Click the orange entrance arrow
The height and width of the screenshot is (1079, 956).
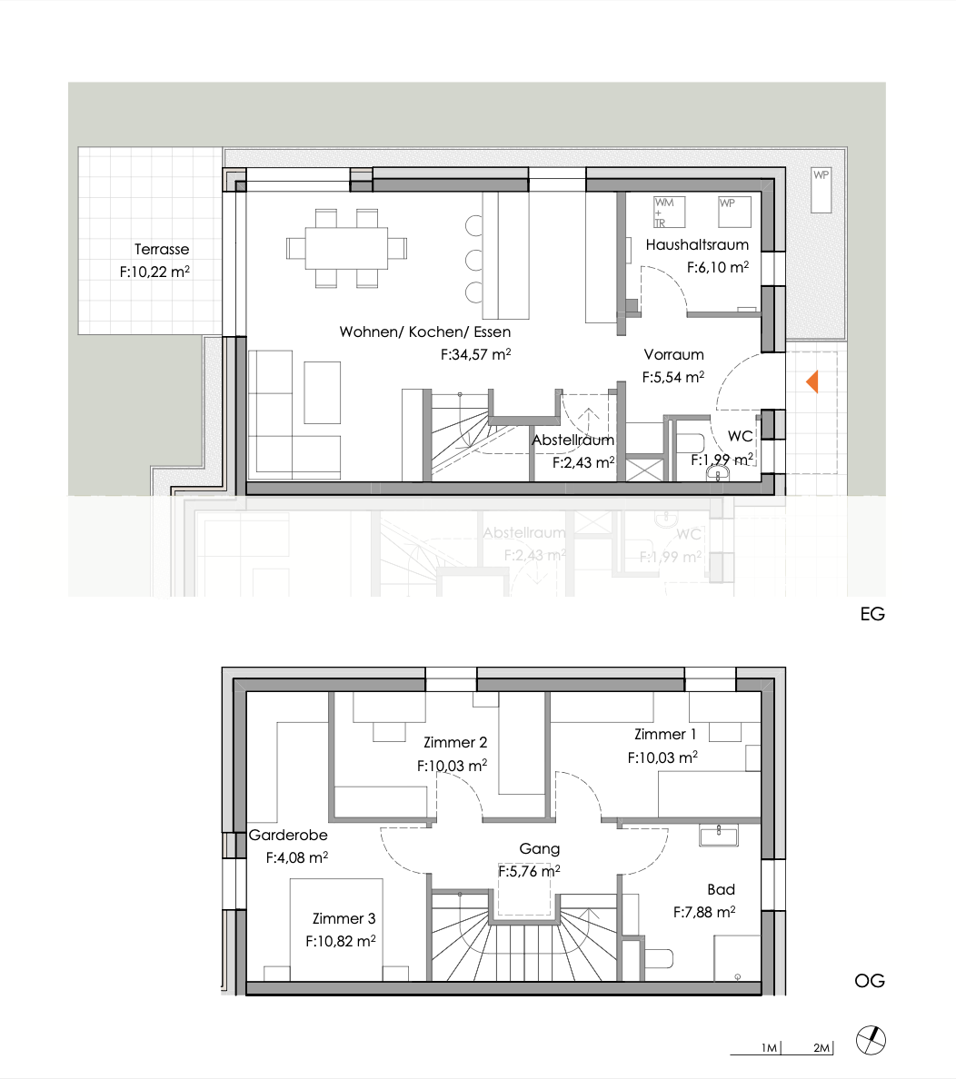[812, 382]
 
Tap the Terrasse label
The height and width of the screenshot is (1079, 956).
[162, 249]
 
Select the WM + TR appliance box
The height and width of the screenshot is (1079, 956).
[670, 213]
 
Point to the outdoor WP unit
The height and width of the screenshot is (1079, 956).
[822, 189]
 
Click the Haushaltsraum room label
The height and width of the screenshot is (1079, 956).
[697, 244]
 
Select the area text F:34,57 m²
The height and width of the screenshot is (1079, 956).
[474, 356]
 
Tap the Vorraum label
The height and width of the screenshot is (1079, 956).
[673, 354]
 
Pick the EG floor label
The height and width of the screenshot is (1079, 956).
[871, 614]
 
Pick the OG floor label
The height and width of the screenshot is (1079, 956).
[869, 981]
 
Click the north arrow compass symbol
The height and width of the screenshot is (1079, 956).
[871, 1040]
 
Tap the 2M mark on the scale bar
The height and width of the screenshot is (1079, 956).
[821, 1048]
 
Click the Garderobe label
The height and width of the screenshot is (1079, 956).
[288, 835]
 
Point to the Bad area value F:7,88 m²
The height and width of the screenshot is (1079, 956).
[703, 912]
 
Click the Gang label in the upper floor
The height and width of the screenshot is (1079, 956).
[539, 848]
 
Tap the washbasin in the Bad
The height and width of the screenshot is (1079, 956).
[721, 835]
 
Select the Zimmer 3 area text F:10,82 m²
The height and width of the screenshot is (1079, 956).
[341, 942]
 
